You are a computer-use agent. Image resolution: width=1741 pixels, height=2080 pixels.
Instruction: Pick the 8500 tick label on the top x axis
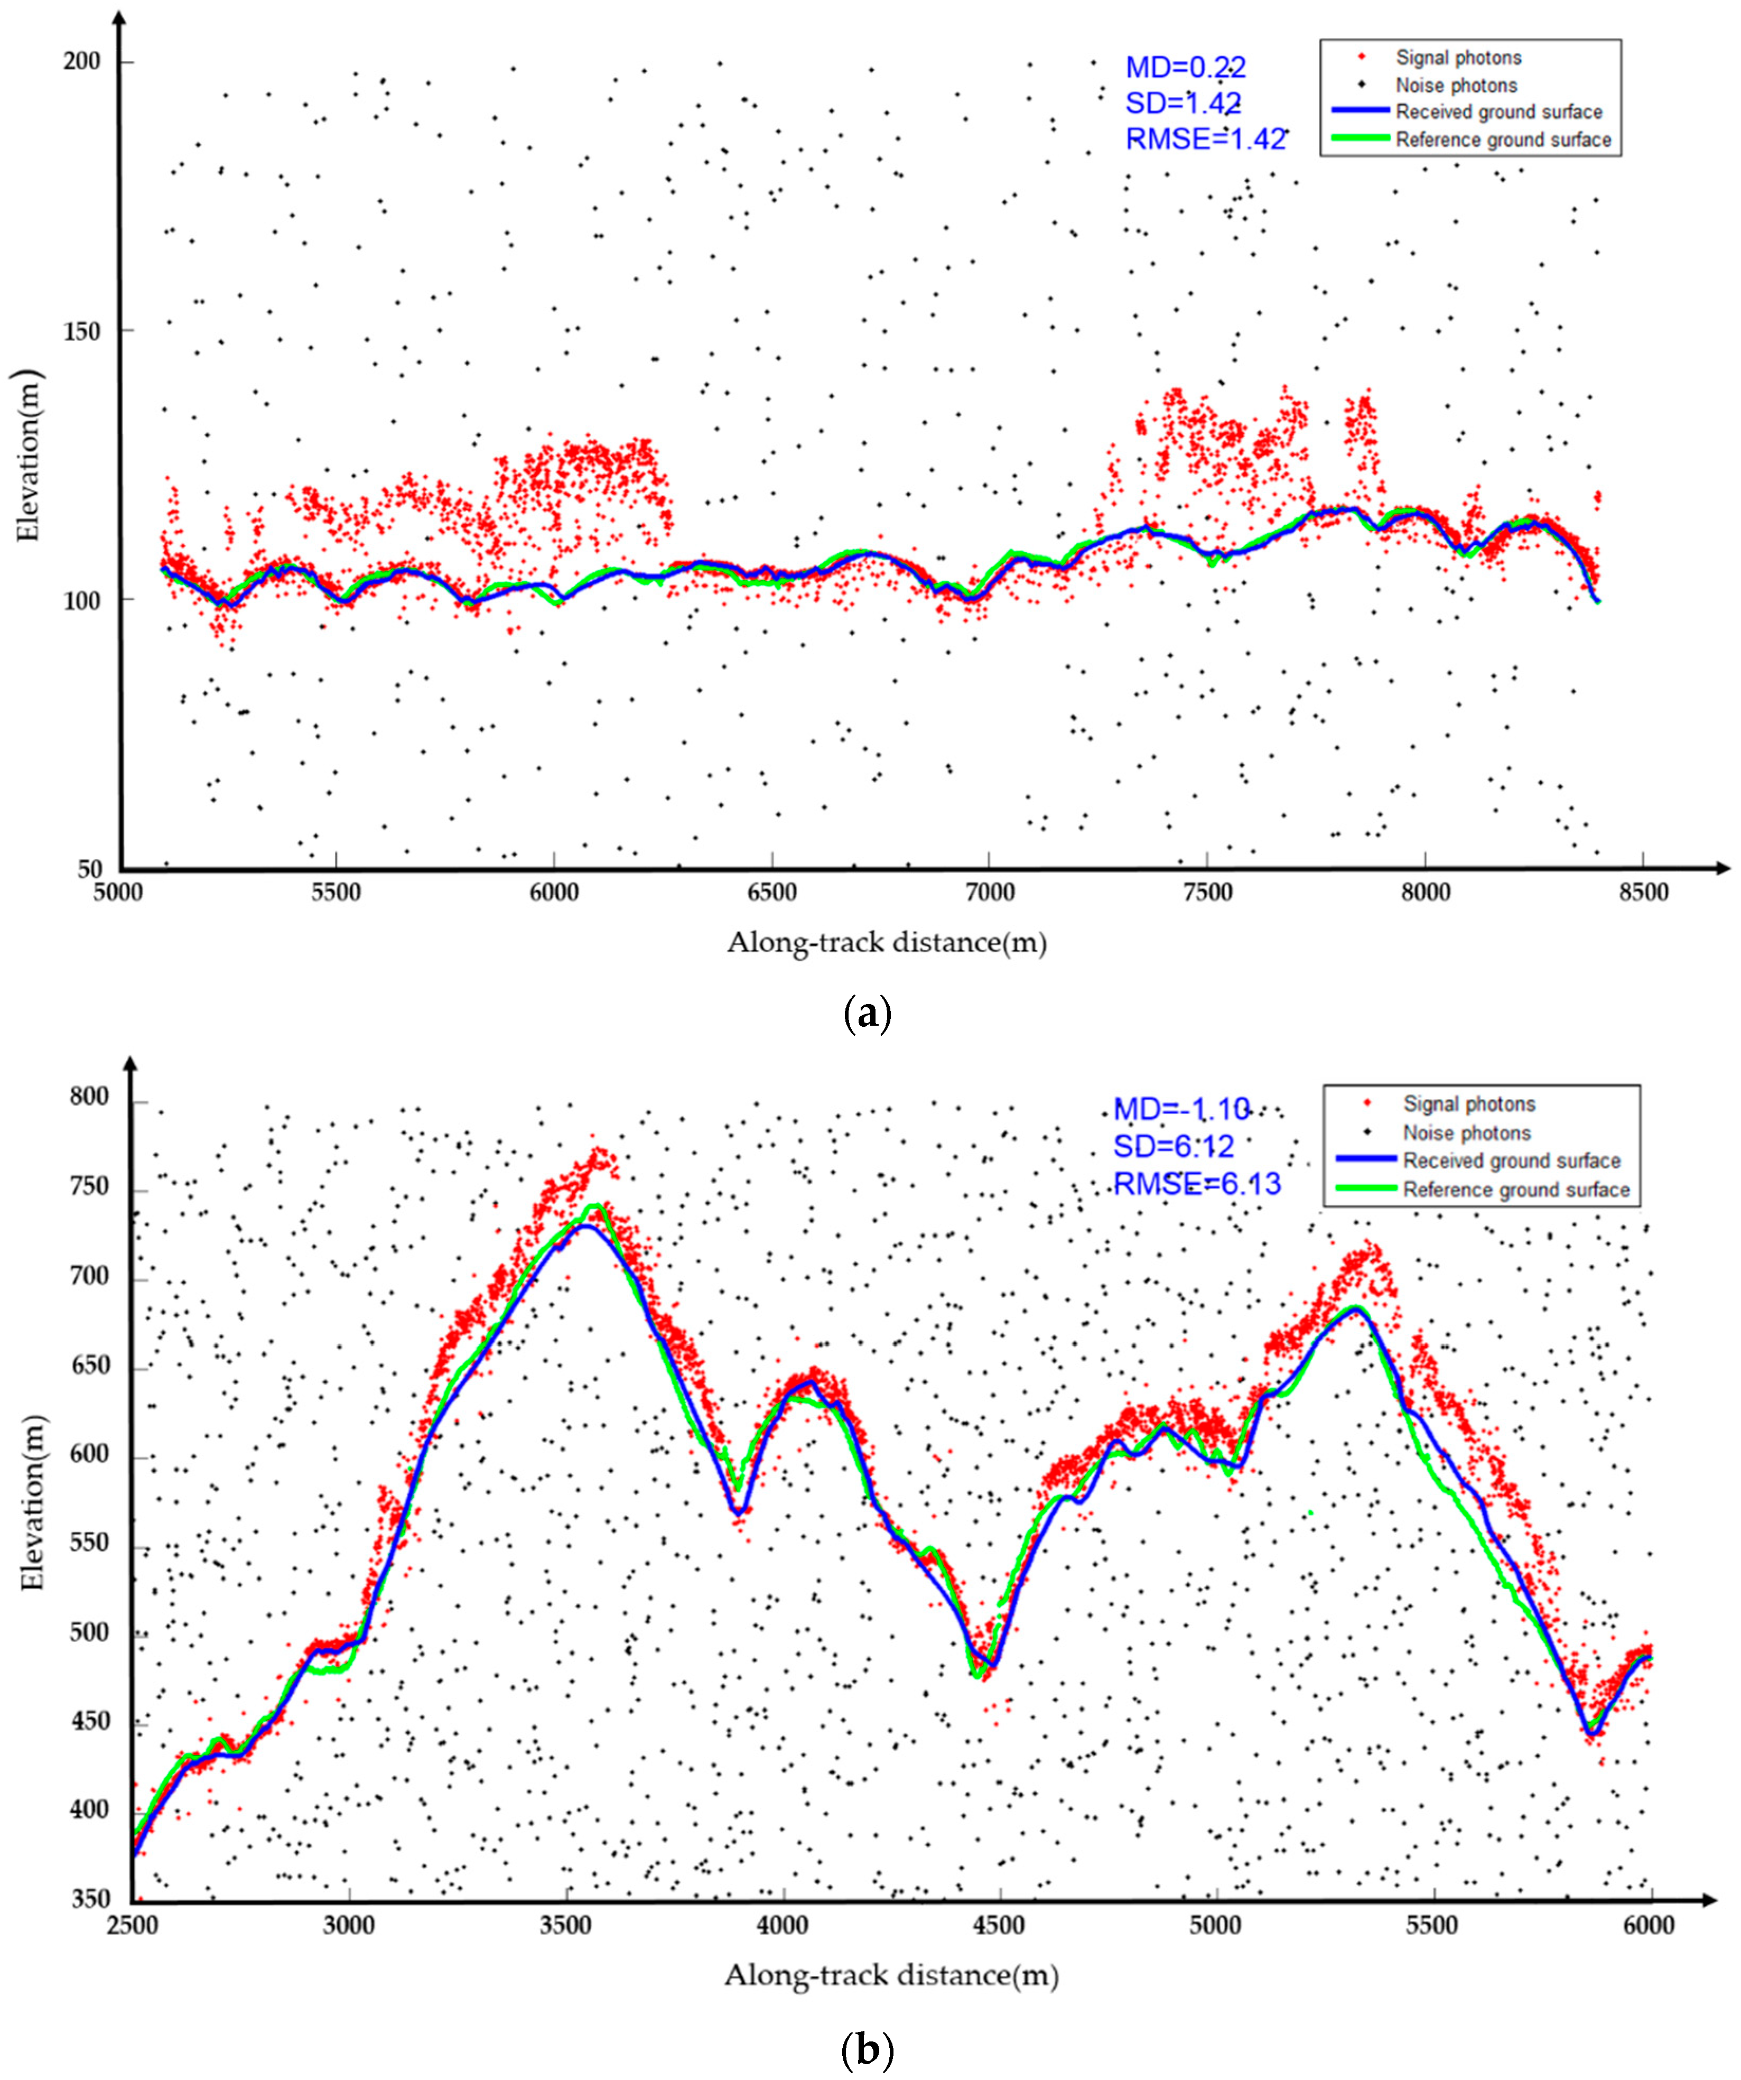1643,893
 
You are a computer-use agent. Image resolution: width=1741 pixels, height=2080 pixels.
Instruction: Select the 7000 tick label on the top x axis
989,893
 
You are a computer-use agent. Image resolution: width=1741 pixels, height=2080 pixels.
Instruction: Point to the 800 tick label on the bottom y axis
89,1098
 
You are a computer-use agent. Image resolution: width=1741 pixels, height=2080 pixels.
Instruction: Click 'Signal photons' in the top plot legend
1458,58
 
